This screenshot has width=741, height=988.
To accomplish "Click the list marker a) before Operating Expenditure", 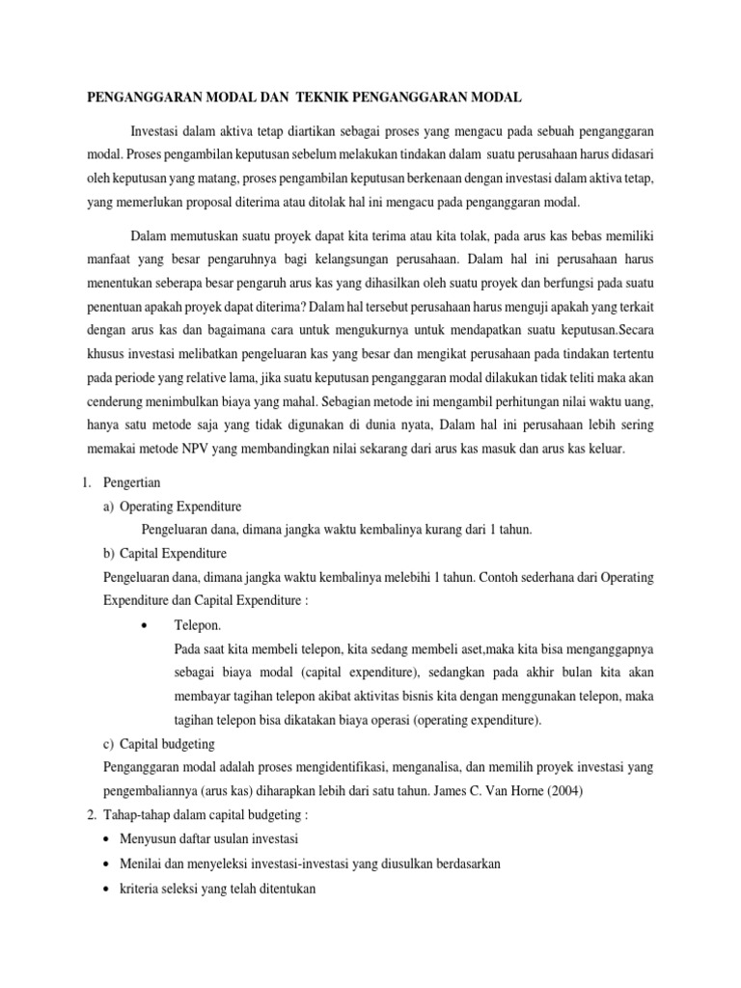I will (108, 506).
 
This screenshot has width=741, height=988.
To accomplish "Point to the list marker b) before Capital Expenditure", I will (108, 554).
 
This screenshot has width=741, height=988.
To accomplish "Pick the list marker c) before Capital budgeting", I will (108, 744).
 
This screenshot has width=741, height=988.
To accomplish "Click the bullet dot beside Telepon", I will (144, 625).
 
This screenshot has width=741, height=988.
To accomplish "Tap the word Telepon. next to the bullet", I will (198, 625).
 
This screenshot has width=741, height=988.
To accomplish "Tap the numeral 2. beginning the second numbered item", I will (89, 815).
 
